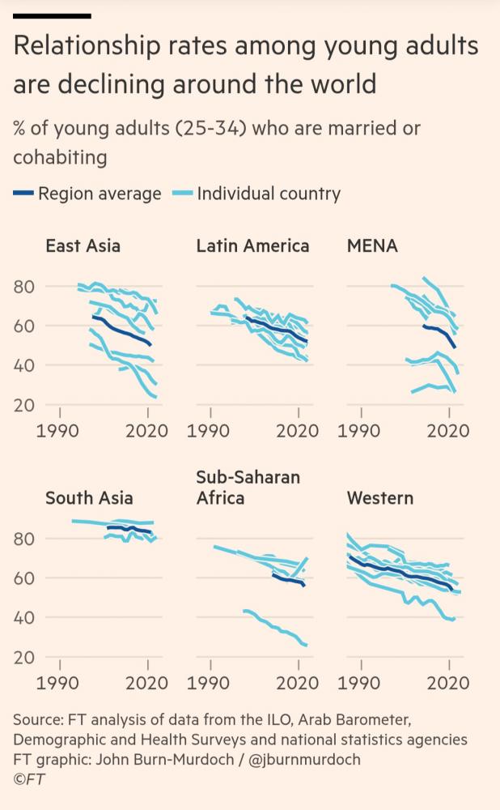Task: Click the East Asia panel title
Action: [x=83, y=245]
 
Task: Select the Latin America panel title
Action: [x=252, y=245]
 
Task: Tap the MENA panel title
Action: [x=372, y=245]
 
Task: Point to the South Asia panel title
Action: [x=89, y=497]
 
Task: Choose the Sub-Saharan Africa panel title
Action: [x=248, y=488]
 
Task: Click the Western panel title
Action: [x=379, y=497]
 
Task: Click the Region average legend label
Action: [x=100, y=194]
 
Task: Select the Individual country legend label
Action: [x=269, y=194]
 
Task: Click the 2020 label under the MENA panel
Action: [x=448, y=430]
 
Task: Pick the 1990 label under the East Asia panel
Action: [x=59, y=430]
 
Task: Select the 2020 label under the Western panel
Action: [x=448, y=683]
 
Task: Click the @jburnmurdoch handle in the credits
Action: [x=303, y=759]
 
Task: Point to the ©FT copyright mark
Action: [x=28, y=779]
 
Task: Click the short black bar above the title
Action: [x=52, y=15]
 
